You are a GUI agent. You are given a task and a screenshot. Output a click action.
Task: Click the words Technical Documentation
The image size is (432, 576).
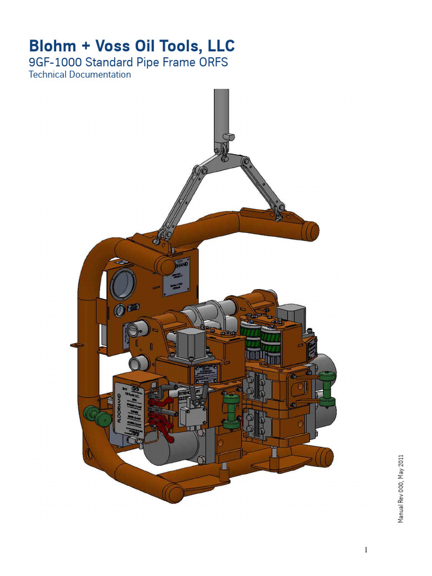coord(79,75)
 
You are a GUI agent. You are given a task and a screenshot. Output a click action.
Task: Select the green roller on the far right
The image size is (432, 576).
coord(327,388)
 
